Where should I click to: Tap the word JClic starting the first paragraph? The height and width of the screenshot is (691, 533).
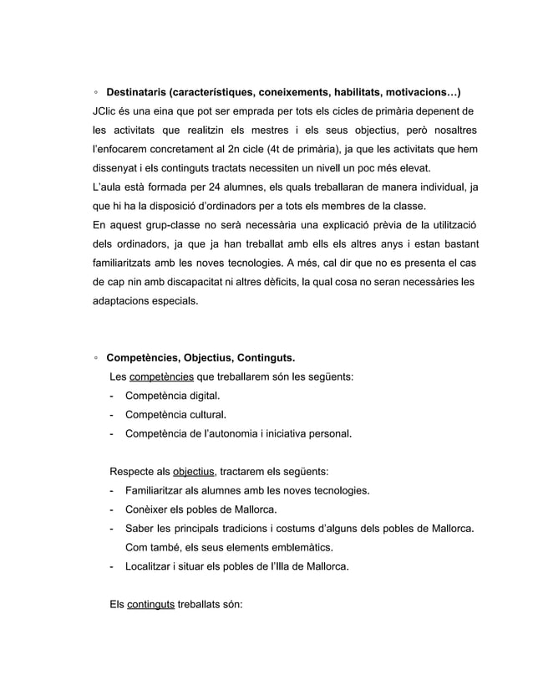(106, 111)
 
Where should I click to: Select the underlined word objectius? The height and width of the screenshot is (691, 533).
(192, 471)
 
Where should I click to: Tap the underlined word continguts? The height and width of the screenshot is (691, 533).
(150, 604)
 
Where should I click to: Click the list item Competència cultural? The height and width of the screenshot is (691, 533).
(175, 415)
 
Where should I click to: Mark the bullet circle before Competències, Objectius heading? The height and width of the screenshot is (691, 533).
(97, 359)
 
